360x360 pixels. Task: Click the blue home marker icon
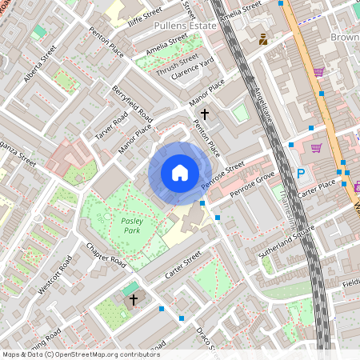tap(180, 173)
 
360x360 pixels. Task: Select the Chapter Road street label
tap(106, 254)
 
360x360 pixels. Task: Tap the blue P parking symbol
tap(301, 174)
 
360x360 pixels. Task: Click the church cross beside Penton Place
tap(205, 114)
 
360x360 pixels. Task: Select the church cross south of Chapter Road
tap(134, 299)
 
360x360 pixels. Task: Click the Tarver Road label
tap(111, 124)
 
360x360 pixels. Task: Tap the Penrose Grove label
tap(252, 186)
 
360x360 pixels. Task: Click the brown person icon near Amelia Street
tap(263, 38)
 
